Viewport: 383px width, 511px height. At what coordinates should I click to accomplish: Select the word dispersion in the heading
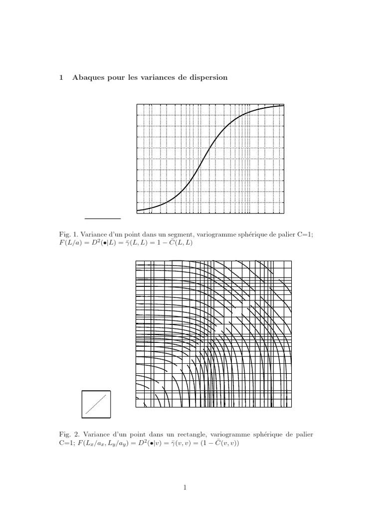(206, 77)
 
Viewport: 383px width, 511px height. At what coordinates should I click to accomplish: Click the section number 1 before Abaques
(61, 77)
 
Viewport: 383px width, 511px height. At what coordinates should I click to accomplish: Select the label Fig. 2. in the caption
(67, 435)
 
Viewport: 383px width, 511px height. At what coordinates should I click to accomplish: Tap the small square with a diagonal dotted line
(96, 404)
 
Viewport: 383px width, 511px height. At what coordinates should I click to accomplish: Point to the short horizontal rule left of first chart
(103, 219)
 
